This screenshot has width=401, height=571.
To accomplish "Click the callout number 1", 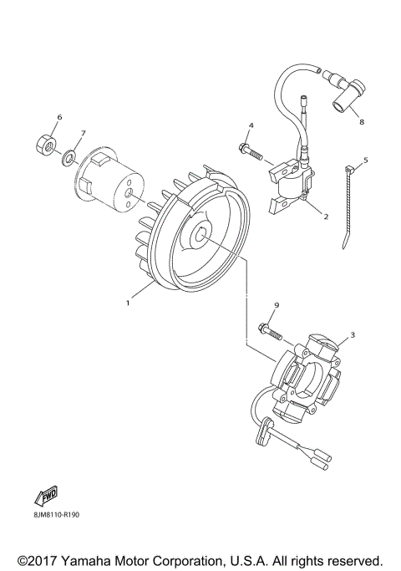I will (x=128, y=303).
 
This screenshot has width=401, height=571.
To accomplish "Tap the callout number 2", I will (x=326, y=216).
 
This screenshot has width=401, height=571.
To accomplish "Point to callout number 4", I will (x=250, y=125).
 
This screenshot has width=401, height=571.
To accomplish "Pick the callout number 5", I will (x=364, y=160).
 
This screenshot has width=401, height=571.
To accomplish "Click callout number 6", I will (x=59, y=116).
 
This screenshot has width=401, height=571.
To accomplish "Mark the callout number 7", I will (x=83, y=133).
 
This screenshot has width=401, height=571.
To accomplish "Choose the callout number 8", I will (x=362, y=122).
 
